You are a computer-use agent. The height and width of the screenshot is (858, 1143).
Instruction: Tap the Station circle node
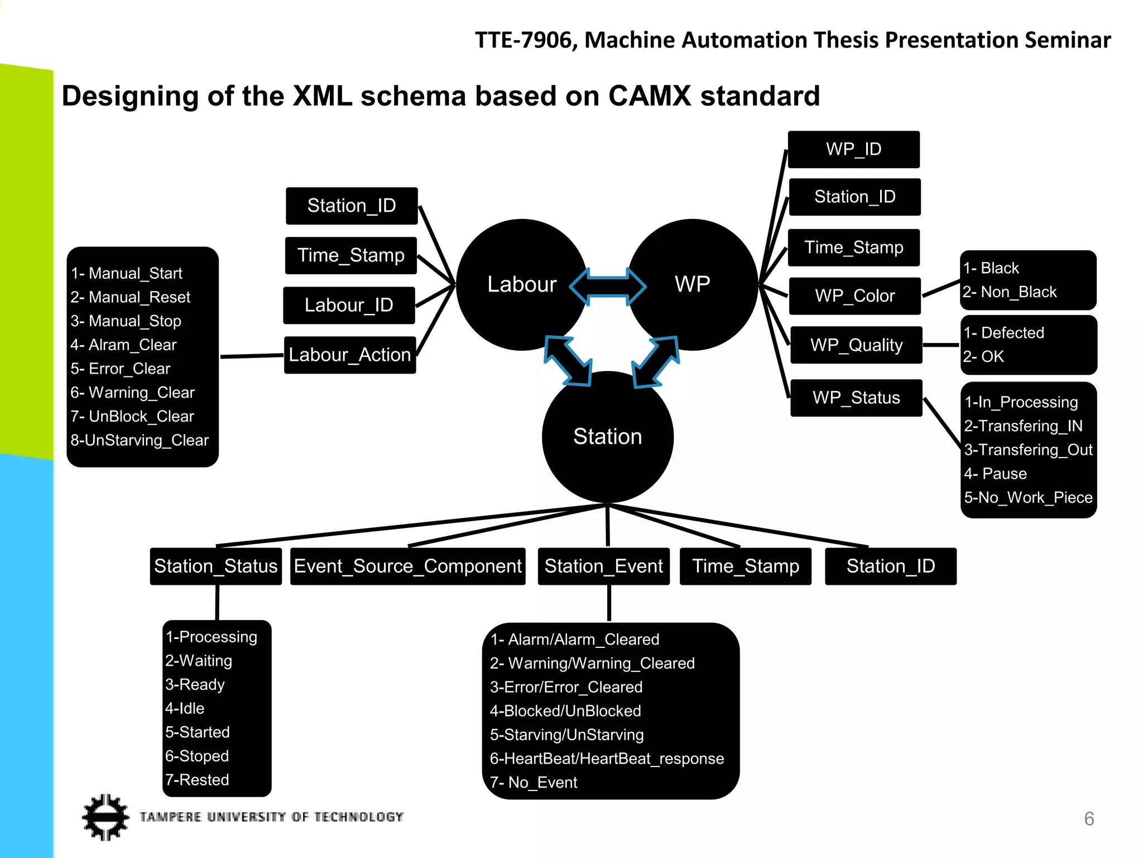(x=607, y=437)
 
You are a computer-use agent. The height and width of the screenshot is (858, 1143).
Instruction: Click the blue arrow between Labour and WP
(x=608, y=286)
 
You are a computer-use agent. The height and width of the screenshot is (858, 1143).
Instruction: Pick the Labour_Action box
(x=350, y=355)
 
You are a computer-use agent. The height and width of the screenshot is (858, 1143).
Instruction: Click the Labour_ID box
(x=349, y=305)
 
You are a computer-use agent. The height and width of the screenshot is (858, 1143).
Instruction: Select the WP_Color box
(x=854, y=295)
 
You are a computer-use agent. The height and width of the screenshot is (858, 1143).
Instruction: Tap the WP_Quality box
(x=856, y=345)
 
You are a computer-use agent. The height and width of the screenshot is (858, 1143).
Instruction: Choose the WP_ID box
(x=853, y=149)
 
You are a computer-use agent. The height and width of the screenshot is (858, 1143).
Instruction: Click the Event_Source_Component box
(x=407, y=566)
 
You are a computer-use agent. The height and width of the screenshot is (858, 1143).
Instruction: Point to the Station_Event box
(x=603, y=566)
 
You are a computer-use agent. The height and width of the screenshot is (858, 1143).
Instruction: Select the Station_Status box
(x=215, y=566)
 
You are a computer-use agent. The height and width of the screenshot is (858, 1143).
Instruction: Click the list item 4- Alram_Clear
(x=123, y=345)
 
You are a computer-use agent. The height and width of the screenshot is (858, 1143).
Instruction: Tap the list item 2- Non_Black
(x=1010, y=292)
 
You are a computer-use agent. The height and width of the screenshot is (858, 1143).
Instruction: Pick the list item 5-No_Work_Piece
(x=1028, y=497)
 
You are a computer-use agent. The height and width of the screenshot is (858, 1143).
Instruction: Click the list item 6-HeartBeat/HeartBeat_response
(x=607, y=758)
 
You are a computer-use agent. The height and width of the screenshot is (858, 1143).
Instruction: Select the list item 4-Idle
(x=185, y=708)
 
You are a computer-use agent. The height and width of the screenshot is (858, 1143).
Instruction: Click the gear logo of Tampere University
(x=105, y=817)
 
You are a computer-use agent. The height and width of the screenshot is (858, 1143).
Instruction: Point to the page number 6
(x=1088, y=818)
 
